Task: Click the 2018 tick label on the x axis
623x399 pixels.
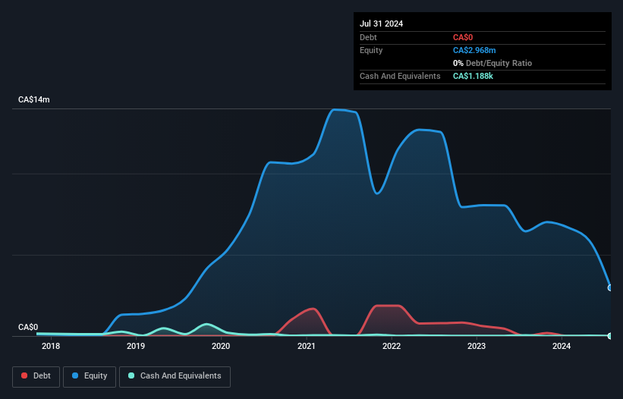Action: pos(51,347)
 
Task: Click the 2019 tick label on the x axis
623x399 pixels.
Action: pos(136,347)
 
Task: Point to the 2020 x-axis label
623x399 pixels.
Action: pos(221,347)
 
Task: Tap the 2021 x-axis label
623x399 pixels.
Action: pos(307,347)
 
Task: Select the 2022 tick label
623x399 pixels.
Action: pos(392,347)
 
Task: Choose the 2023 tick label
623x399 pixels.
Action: pos(477,347)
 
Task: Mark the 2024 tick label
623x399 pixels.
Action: pos(562,347)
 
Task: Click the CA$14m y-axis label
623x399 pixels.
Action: pos(34,100)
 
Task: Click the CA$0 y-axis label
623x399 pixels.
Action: pos(28,327)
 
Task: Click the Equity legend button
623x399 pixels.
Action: pos(90,375)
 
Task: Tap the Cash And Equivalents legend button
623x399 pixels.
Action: pos(175,375)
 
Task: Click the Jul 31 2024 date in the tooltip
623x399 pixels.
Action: pos(381,24)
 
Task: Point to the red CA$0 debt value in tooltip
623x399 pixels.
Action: pos(463,37)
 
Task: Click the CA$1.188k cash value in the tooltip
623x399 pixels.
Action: pos(473,76)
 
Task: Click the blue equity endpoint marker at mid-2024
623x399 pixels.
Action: pos(610,287)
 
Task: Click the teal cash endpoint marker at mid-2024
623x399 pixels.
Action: pos(610,335)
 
